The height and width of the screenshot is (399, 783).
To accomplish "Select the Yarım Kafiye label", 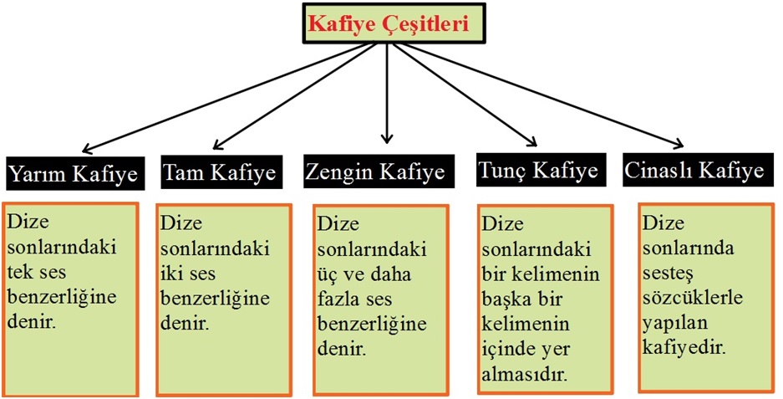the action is (x=74, y=173).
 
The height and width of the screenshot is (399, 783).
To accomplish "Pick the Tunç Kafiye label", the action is (x=539, y=170).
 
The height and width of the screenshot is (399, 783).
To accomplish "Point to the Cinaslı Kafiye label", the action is (x=695, y=170).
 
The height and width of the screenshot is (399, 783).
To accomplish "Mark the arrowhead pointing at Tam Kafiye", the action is (x=217, y=145).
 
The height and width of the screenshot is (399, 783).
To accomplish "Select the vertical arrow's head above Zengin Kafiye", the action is (x=387, y=139).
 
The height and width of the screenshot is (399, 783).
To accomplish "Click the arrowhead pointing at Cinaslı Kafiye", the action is (x=678, y=145).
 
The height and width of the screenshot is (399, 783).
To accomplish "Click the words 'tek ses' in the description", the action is (x=36, y=273).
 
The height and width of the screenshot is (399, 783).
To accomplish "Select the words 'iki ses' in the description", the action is (x=189, y=274).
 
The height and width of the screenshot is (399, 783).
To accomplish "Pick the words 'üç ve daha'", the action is (x=364, y=274).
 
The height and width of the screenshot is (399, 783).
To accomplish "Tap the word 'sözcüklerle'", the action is (x=692, y=298).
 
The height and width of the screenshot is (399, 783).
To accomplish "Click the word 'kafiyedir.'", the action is (x=683, y=347).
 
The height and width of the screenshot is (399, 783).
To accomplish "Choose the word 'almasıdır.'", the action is (x=524, y=374).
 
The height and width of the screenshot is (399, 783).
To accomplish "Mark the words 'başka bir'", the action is (x=521, y=299).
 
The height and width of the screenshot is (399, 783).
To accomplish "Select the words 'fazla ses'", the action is (x=354, y=299).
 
